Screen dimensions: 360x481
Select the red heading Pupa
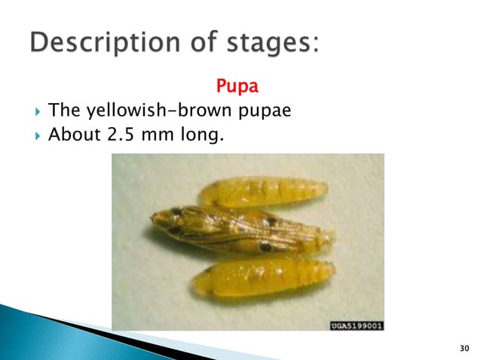pos(237,87)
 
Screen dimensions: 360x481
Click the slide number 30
pos(463,347)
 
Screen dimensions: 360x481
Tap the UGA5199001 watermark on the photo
pos(357,325)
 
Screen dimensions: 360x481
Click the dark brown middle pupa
pos(241,230)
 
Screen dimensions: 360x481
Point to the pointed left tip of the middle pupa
pos(153,219)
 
